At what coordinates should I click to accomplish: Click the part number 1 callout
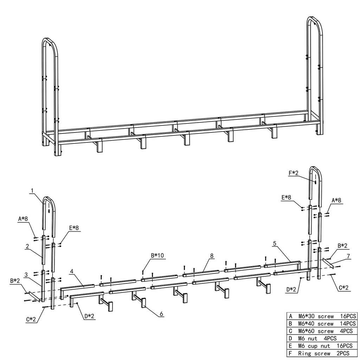pyautogui.click(x=32, y=190)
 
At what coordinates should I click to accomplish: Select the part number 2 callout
pyautogui.click(x=27, y=246)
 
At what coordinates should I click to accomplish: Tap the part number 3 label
pyautogui.click(x=26, y=275)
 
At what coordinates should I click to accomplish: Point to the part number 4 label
pyautogui.click(x=72, y=271)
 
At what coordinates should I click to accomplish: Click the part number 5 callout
pyautogui.click(x=275, y=243)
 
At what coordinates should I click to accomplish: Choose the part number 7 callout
pyautogui.click(x=348, y=256)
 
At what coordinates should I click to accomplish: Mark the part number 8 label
pyautogui.click(x=212, y=256)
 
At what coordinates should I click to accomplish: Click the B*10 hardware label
pyautogui.click(x=157, y=255)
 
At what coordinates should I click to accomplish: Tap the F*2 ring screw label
pyautogui.click(x=294, y=173)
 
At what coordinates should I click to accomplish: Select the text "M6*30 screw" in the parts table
pyautogui.click(x=316, y=316)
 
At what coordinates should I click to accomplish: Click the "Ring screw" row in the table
pyautogui.click(x=321, y=353)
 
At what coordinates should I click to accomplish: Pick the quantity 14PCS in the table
pyautogui.click(x=348, y=323)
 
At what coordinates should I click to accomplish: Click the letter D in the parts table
pyautogui.click(x=290, y=339)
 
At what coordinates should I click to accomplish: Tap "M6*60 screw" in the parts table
pyautogui.click(x=316, y=331)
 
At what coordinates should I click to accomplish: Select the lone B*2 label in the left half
pyautogui.click(x=15, y=280)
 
